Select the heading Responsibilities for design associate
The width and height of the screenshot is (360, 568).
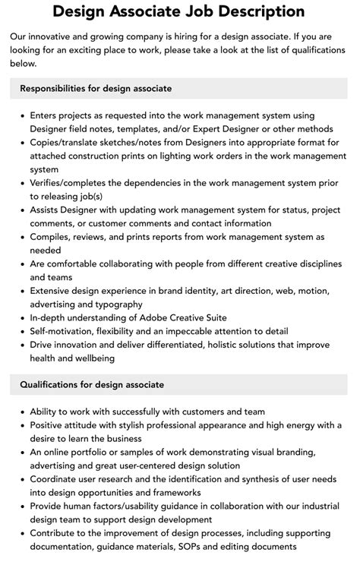point(96,89)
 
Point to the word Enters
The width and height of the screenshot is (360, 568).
point(46,115)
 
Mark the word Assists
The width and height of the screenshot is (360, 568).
point(47,210)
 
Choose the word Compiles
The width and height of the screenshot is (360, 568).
point(52,237)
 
